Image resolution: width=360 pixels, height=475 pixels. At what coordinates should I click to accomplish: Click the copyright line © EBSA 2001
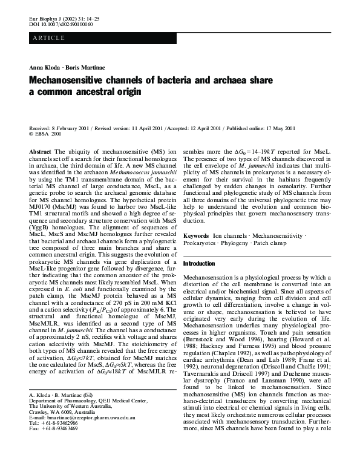coord(45,134)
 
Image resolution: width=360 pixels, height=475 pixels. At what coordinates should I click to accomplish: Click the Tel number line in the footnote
coord(53,457)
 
